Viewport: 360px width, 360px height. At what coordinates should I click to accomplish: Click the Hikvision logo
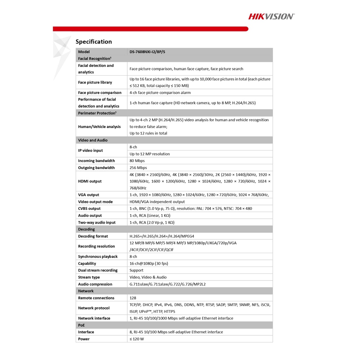pyautogui.click(x=271, y=16)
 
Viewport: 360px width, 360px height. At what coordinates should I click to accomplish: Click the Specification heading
pyautogui.click(x=94, y=41)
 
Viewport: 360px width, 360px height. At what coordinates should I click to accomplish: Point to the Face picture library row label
pyautogui.click(x=95, y=82)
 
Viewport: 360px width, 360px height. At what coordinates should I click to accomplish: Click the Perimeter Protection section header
pyautogui.click(x=97, y=113)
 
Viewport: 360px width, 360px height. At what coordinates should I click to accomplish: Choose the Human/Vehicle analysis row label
pyautogui.click(x=99, y=127)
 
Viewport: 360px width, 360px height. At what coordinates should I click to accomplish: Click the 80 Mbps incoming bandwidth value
pyautogui.click(x=137, y=161)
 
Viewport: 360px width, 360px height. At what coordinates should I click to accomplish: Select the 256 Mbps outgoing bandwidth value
pyautogui.click(x=138, y=168)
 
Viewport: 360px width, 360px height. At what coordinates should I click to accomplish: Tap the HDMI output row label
pyautogui.click(x=90, y=181)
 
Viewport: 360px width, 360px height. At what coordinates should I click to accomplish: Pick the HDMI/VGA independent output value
pyautogui.click(x=157, y=202)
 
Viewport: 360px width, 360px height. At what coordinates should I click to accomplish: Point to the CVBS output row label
pyautogui.click(x=89, y=208)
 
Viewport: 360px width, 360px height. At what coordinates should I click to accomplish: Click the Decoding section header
pyautogui.click(x=86, y=229)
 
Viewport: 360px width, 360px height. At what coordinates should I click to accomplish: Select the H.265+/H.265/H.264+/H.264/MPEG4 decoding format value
pyautogui.click(x=162, y=236)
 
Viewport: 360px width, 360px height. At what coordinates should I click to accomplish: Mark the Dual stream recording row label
pyautogui.click(x=98, y=270)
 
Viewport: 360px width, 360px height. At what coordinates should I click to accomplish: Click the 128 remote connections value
pyautogui.click(x=133, y=298)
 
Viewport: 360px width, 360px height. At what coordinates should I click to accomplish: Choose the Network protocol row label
pyautogui.click(x=94, y=308)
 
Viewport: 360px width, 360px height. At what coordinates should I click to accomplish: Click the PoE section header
pyautogui.click(x=82, y=325)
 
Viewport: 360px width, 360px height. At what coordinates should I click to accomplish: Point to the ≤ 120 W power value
pyautogui.click(x=137, y=339)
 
